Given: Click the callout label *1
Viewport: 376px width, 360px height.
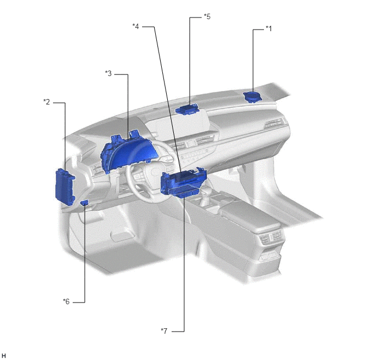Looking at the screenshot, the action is pyautogui.click(x=268, y=29).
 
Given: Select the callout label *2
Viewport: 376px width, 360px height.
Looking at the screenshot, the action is pyautogui.click(x=46, y=102).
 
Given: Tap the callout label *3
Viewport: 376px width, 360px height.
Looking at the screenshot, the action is pyautogui.click(x=108, y=73).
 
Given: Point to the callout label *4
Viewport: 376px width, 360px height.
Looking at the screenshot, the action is pyautogui.click(x=136, y=26).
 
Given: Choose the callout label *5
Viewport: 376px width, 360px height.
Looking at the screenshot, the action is pyautogui.click(x=207, y=16).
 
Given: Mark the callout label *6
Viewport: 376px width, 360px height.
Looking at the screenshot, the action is pyautogui.click(x=66, y=301).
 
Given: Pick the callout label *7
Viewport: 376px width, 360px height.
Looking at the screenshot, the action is pyautogui.click(x=164, y=331).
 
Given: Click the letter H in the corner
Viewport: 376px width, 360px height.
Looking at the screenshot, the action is pyautogui.click(x=3, y=356).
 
